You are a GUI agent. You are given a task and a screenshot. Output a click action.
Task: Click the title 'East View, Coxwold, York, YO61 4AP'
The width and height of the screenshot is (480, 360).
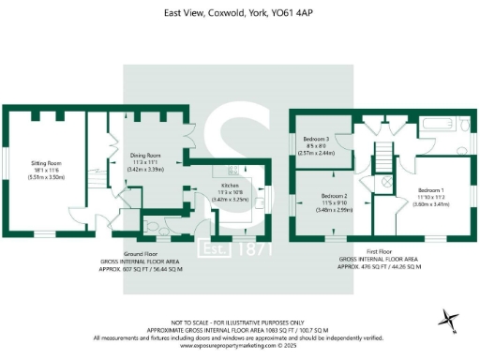pos(239,13)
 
